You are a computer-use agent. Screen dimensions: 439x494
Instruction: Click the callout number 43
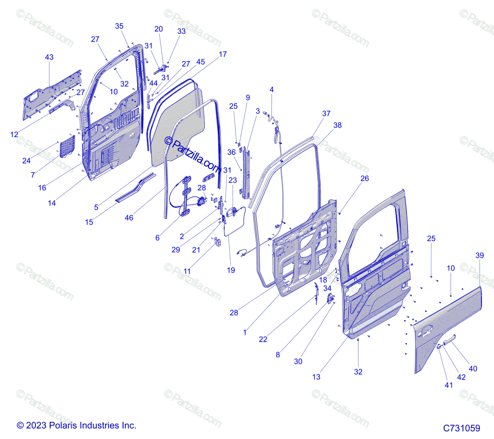pos(49,57)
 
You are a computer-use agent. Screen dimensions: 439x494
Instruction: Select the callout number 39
pos(480,255)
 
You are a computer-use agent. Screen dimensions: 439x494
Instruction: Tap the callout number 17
pos(223,54)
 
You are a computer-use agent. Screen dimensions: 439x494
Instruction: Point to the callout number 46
pos(129,217)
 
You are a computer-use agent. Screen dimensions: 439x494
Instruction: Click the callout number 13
pos(316,377)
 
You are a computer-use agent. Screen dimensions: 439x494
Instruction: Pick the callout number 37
pos(326,113)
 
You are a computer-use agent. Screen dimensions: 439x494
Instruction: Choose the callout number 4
pos(272,89)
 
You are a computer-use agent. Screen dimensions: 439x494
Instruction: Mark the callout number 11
pos(187,271)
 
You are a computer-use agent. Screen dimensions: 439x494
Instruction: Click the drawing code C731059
pos(461,428)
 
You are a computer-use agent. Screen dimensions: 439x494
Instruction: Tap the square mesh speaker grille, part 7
pos(68,146)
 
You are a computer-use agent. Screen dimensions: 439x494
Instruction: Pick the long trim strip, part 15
pos(136,188)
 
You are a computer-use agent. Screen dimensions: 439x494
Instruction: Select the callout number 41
pos(449,385)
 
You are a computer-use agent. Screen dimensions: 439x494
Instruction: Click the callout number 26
pos(365,178)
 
